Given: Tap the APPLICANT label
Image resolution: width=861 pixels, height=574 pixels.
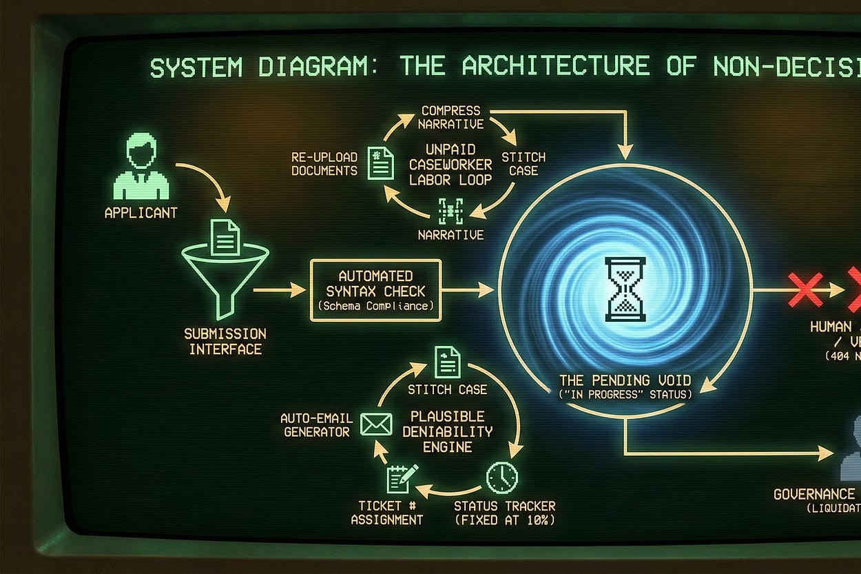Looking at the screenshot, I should click(141, 213).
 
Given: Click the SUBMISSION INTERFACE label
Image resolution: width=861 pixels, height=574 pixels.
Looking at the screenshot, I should click(225, 341).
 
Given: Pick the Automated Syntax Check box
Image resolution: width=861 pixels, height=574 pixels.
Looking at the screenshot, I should click(375, 290).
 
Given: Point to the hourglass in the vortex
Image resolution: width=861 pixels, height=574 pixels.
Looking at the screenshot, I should click(625, 289).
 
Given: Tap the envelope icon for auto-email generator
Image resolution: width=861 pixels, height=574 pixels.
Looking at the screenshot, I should click(376, 424).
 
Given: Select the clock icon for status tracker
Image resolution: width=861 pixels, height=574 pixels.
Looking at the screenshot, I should click(501, 476).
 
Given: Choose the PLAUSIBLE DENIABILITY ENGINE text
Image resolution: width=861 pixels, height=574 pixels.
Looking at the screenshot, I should click(447, 431).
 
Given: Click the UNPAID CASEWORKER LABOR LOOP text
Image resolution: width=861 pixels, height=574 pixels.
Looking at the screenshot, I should click(450, 165).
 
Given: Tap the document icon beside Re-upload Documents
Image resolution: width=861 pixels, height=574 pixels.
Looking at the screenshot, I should click(381, 163).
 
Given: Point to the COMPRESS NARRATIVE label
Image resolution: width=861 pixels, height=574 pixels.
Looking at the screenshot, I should click(450, 117).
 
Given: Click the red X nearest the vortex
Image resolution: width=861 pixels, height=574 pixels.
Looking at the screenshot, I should click(805, 289).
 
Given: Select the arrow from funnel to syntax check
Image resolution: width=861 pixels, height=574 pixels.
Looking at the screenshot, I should click(279, 290).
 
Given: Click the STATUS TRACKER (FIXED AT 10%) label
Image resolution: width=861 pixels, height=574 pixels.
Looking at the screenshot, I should click(504, 513).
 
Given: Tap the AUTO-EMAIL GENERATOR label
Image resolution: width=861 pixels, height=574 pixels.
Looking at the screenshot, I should click(316, 424).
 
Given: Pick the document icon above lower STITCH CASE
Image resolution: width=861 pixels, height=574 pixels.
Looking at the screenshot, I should click(447, 362).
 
